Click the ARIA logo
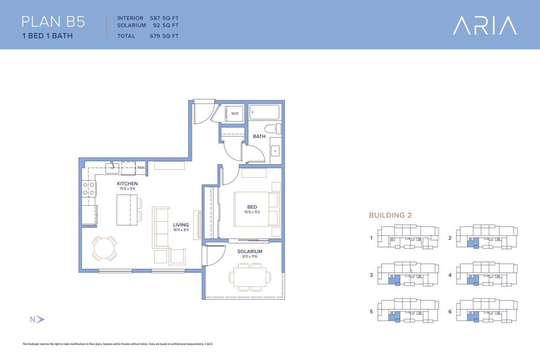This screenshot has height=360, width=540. pos(485,25)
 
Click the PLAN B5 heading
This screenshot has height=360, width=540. pos(53,22)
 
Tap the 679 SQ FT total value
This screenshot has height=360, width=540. pos(164,36)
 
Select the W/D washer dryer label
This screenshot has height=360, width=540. pos(234,113)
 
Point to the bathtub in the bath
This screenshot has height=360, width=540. pos(264,112)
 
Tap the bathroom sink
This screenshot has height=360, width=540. pos(275,150)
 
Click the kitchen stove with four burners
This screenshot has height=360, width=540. pos(89,189)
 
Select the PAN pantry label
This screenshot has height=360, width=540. pos(141,168)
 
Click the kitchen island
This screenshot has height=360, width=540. pos(127,210)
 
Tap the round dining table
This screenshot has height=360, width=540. pos(104,248)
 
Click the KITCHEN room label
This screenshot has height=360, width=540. pos(127,184)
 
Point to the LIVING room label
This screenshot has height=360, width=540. pos(181,225)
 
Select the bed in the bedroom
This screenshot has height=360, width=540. pos(256,210)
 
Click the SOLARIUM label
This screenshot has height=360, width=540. pos(250,251)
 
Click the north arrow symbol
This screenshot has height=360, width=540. pos(40,319)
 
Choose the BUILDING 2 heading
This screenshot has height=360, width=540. pos(390,215)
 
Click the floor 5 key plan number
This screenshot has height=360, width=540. pos(371,311)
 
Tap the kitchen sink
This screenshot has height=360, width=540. pos(112,168)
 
